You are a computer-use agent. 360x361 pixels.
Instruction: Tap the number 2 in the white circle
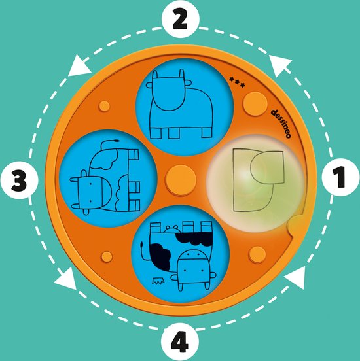click(x=180, y=20)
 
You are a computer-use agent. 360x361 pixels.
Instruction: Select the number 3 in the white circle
click(x=19, y=180)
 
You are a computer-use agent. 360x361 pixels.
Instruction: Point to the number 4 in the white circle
click(x=180, y=341)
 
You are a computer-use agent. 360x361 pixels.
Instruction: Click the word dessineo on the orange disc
click(x=281, y=124)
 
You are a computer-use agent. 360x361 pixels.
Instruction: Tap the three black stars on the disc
click(x=237, y=82)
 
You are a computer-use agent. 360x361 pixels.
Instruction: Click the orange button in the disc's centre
click(x=181, y=180)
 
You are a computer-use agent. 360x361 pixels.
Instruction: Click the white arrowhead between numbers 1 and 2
click(x=280, y=65)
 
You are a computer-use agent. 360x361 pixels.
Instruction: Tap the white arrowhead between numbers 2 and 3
click(x=79, y=66)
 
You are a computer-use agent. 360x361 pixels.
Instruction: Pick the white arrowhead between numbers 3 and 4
click(x=66, y=279)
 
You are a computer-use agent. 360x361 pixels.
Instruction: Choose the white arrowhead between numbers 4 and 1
click(x=296, y=278)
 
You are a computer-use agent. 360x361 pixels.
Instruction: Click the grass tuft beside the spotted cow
click(x=158, y=281)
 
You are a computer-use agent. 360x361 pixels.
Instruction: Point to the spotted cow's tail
click(x=144, y=251)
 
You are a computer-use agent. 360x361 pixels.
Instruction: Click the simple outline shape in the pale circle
click(x=259, y=180)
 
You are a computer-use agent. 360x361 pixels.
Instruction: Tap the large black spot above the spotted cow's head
click(x=194, y=238)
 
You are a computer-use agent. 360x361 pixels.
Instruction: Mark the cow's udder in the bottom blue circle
click(x=171, y=229)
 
